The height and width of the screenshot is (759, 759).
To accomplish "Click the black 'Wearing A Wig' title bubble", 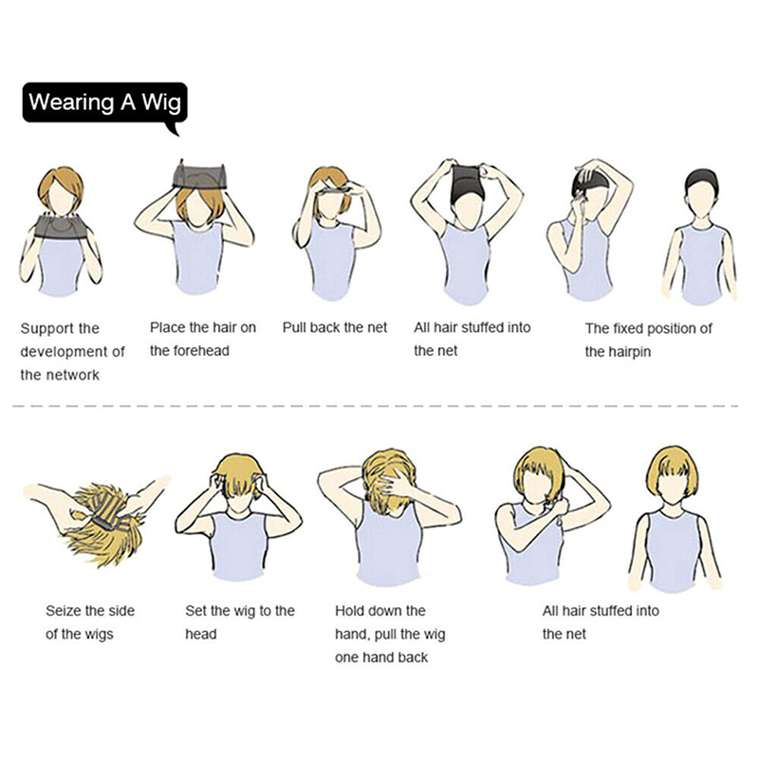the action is coord(104,102).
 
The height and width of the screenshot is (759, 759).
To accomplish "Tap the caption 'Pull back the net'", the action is coord(335,327).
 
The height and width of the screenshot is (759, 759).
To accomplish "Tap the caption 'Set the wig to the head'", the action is coord(240,622).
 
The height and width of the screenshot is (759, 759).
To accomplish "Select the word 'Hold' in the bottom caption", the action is coord(350,611).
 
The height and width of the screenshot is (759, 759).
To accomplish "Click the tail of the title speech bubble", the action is coord(174,129).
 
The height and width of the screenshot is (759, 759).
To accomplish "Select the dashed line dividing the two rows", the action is coord(375,406).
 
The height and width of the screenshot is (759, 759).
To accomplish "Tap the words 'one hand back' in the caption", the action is coord(381,657).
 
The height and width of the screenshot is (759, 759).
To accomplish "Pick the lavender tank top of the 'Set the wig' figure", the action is coord(239,547).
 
